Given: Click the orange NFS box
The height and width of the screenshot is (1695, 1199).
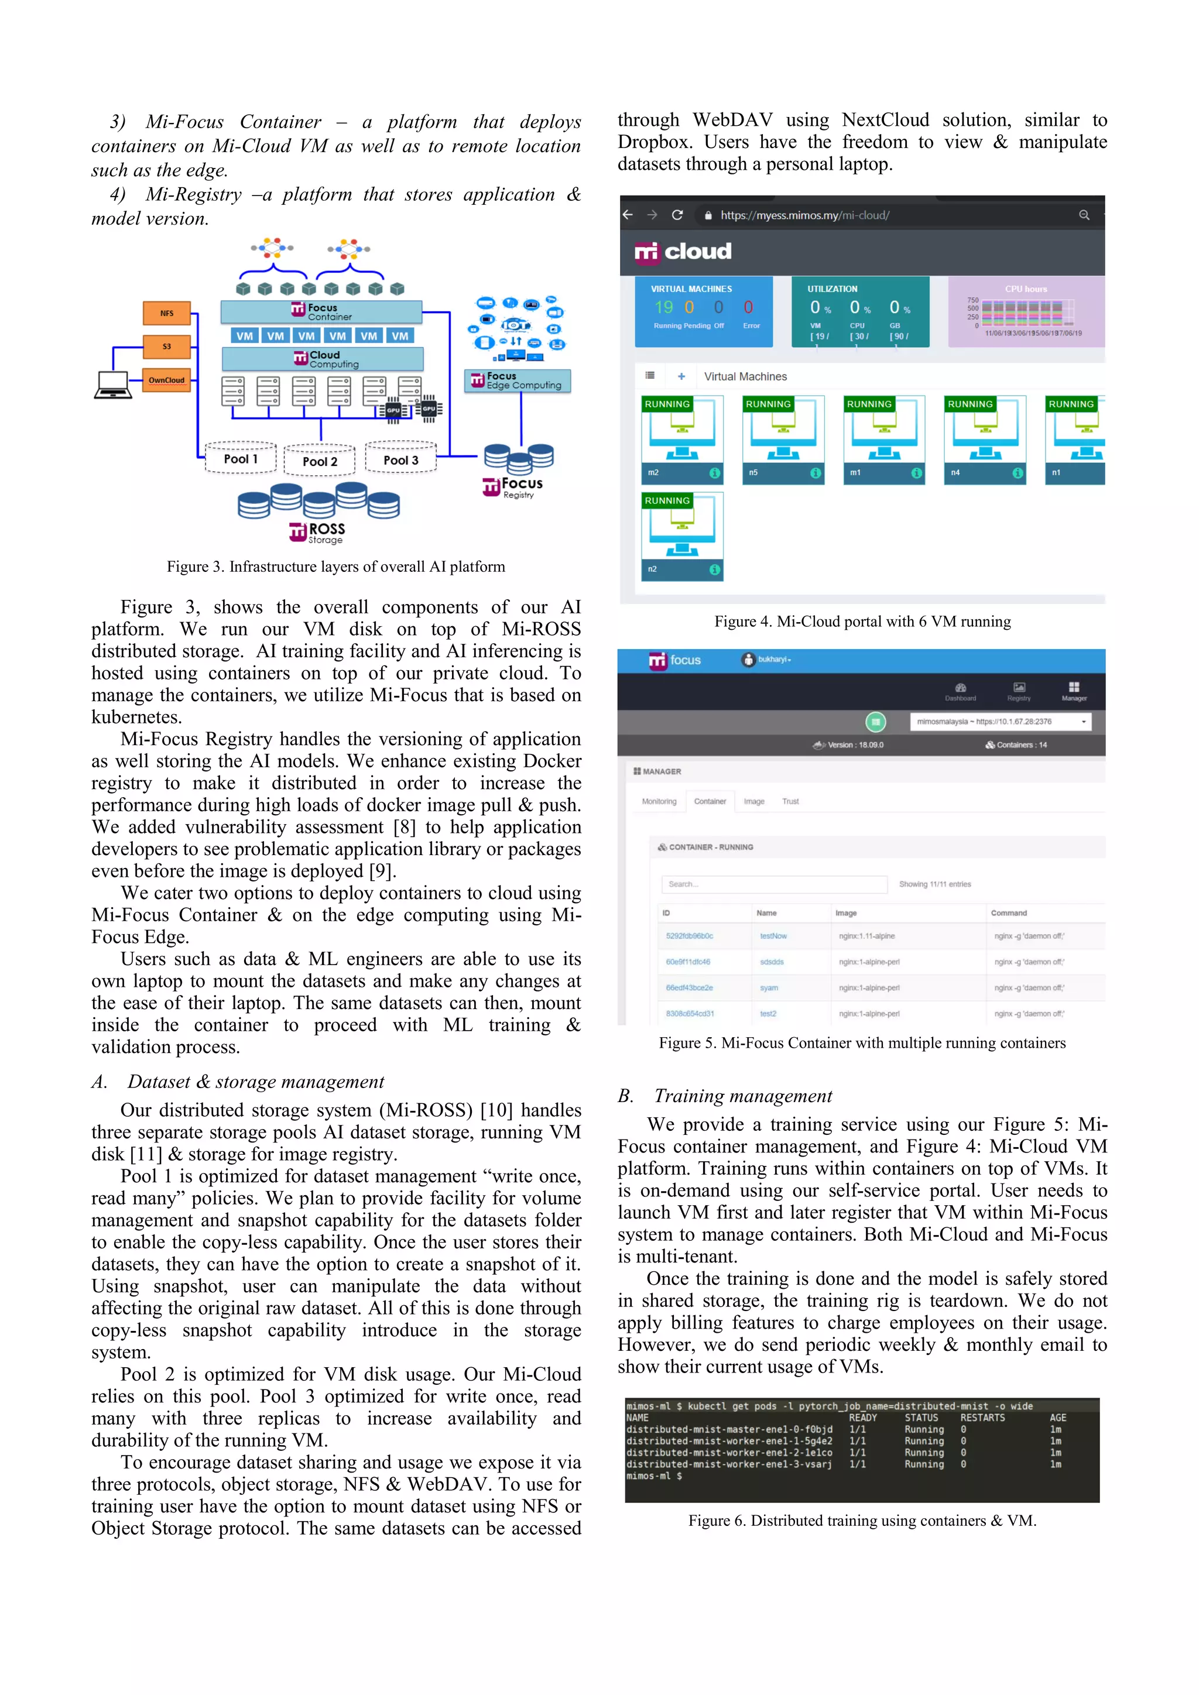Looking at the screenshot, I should [x=167, y=313].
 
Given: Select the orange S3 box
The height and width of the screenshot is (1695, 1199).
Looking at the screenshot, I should [x=167, y=346].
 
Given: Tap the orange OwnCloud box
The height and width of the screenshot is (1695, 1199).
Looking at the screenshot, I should [x=167, y=380].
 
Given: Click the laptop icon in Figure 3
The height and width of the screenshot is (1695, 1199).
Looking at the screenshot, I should [x=113, y=385].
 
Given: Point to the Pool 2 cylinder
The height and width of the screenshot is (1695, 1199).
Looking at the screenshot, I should [x=320, y=461].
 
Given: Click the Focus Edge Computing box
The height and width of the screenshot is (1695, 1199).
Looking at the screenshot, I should [x=518, y=381].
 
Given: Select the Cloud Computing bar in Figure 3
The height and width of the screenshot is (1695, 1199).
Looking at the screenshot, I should [x=323, y=359].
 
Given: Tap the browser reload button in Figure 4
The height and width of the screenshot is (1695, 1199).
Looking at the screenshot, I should [x=677, y=215].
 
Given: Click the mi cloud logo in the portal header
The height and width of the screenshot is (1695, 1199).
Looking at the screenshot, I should [x=683, y=252].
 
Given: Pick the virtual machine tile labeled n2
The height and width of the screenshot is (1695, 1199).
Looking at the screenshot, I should [x=681, y=537].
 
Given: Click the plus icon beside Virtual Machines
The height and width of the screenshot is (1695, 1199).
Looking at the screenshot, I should [x=681, y=376].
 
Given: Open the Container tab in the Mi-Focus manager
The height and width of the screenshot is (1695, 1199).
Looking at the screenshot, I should [x=710, y=801].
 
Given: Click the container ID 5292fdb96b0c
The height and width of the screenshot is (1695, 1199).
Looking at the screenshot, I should [x=690, y=936].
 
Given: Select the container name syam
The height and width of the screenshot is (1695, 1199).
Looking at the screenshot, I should [x=769, y=988].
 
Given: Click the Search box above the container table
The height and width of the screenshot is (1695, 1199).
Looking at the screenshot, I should [x=774, y=884].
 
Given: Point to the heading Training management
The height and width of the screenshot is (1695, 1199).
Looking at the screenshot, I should [x=743, y=1096].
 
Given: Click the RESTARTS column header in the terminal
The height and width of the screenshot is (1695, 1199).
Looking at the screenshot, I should [x=982, y=1418].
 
